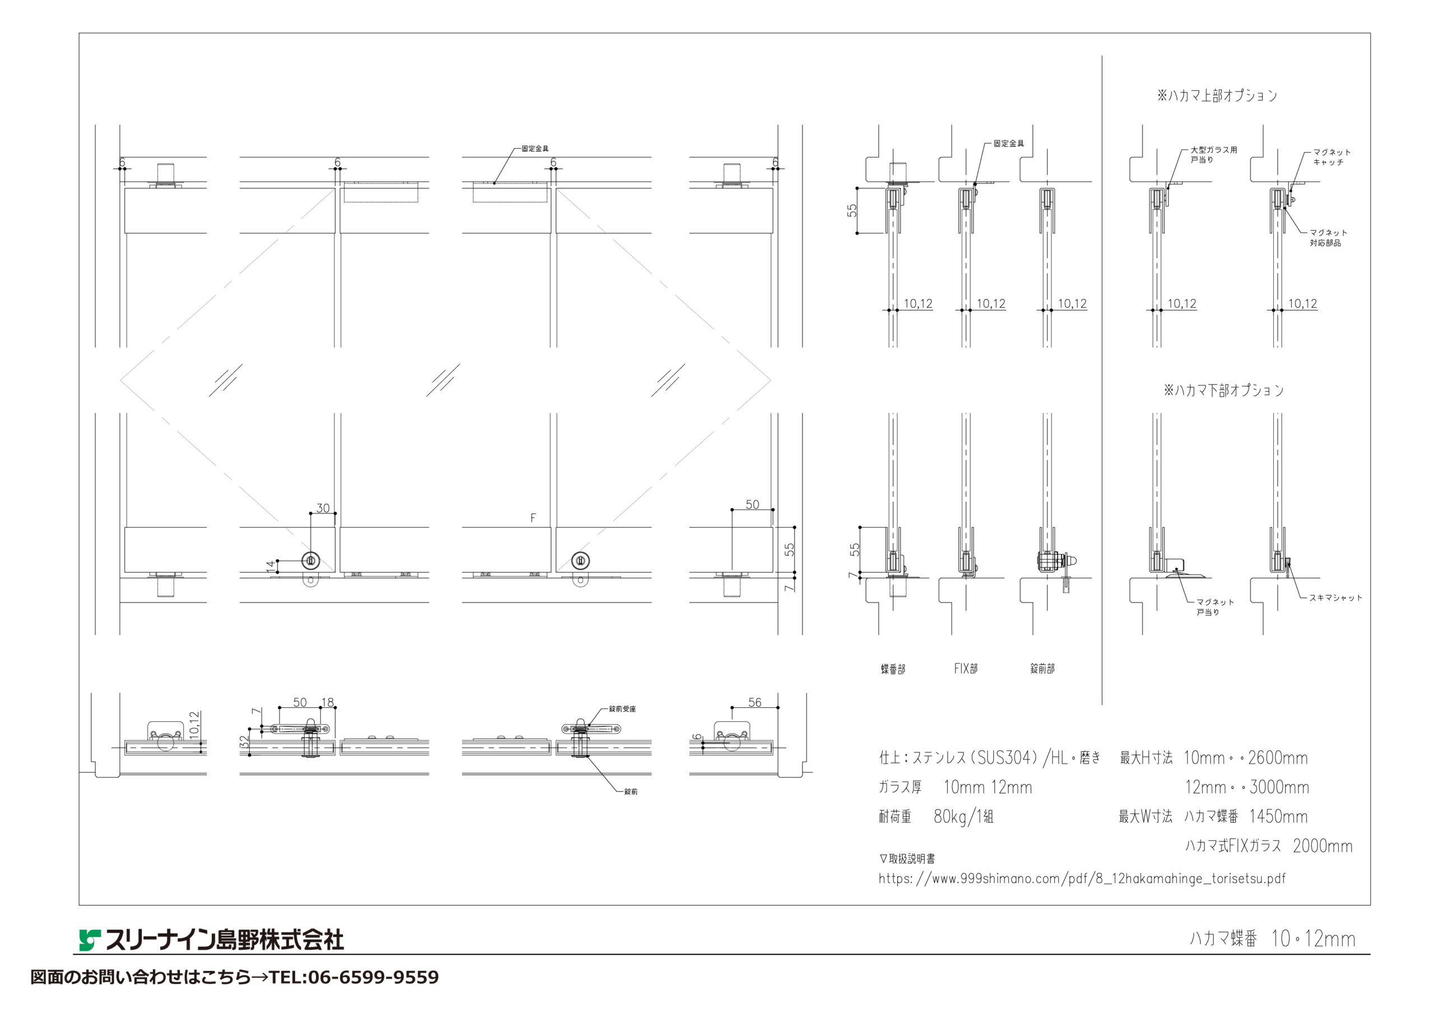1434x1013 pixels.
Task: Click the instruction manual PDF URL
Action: [x=1082, y=879]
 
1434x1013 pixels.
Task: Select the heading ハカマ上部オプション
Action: [x=1217, y=96]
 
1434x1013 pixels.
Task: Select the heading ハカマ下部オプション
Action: [x=1223, y=390]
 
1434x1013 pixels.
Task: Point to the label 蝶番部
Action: [x=893, y=669]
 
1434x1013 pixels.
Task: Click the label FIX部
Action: [x=966, y=668]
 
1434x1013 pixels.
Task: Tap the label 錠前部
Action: [x=1042, y=668]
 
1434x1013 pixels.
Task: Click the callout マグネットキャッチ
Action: [x=1331, y=157]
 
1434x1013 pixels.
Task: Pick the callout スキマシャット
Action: [x=1336, y=597]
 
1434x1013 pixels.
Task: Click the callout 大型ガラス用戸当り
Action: [x=1213, y=155]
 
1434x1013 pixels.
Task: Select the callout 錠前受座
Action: [x=623, y=709]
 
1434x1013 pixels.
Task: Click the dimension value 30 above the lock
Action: [x=323, y=508]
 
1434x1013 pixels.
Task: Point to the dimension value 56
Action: [x=755, y=702]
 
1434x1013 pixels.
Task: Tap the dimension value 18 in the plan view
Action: [x=327, y=702]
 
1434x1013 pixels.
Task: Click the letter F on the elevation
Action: [x=533, y=518]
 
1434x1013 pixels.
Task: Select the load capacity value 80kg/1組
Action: [x=963, y=817]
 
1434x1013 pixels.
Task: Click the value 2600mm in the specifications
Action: [x=1278, y=758]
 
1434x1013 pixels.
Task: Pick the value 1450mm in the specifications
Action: [x=1278, y=817]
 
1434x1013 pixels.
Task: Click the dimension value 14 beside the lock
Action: [x=271, y=567]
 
